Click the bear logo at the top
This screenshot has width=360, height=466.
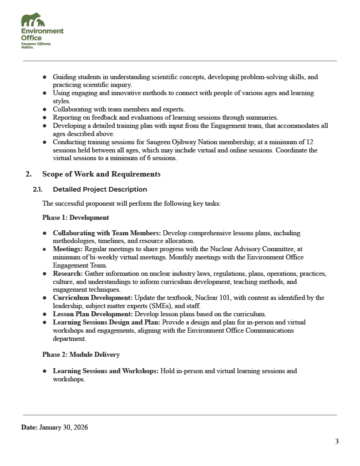(x=33, y=20)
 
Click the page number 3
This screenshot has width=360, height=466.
(x=337, y=441)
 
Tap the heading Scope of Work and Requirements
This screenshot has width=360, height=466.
(x=101, y=174)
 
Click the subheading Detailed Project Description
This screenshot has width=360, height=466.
(x=100, y=189)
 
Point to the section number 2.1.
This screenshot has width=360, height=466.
(x=38, y=189)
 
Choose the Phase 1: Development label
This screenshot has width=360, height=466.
(x=76, y=218)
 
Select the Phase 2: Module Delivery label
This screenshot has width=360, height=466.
(x=81, y=354)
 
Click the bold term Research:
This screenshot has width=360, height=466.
(x=68, y=274)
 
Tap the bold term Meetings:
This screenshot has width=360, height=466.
(x=68, y=249)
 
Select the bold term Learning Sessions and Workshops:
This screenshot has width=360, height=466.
(x=106, y=371)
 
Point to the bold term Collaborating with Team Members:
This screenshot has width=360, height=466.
(x=107, y=233)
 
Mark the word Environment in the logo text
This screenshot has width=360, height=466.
(x=42, y=31)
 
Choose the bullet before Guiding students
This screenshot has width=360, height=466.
(x=45, y=77)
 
